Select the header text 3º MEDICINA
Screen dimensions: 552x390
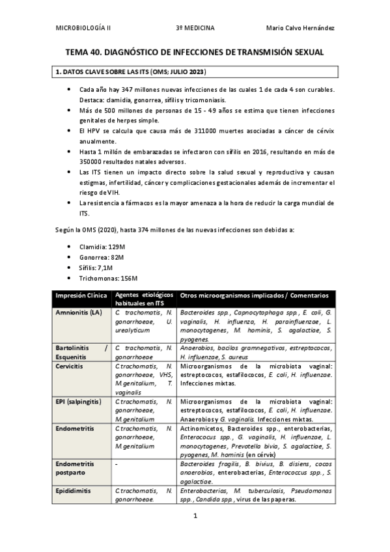pyautogui.click(x=195, y=27)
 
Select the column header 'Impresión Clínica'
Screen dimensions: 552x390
pyautogui.click(x=80, y=296)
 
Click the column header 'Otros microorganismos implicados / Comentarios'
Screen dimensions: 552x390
pyautogui.click(x=254, y=296)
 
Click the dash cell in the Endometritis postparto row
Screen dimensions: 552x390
pyautogui.click(x=115, y=464)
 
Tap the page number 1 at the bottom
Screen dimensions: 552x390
pyautogui.click(x=195, y=516)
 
